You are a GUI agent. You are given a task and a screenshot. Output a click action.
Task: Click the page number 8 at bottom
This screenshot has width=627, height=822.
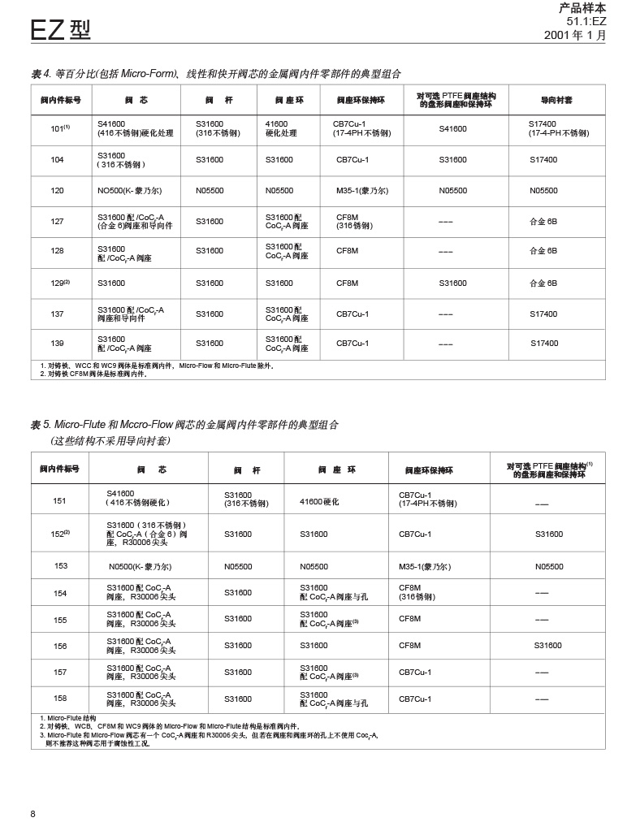click(x=33, y=814)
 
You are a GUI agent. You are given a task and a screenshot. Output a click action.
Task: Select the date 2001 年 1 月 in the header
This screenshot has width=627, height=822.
click(x=574, y=35)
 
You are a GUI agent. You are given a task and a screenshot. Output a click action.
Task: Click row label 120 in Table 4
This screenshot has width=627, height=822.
click(x=57, y=191)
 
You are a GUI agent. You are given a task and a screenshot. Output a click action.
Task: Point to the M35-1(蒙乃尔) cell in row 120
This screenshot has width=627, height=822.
click(x=362, y=191)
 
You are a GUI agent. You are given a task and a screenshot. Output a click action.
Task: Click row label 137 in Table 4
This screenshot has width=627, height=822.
click(x=57, y=314)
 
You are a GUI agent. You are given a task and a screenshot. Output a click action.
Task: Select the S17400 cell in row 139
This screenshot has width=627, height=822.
click(x=544, y=344)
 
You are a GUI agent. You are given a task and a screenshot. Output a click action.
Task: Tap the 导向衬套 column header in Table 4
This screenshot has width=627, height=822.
click(x=556, y=101)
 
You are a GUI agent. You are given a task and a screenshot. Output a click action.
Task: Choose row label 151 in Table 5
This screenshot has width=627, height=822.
click(x=60, y=501)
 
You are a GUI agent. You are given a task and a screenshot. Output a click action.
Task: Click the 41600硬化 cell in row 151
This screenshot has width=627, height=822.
click(x=319, y=502)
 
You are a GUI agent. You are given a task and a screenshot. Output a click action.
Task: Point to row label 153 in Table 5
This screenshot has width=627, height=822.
click(x=60, y=566)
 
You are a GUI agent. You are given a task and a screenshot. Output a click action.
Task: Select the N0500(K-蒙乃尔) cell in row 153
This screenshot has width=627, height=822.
click(x=140, y=567)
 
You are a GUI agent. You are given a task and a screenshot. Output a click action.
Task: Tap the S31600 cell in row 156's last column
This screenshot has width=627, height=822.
click(x=548, y=646)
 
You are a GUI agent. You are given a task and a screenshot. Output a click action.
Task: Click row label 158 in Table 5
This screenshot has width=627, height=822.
click(x=60, y=699)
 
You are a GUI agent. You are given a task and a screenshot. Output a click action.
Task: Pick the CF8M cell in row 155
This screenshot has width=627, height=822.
click(x=410, y=619)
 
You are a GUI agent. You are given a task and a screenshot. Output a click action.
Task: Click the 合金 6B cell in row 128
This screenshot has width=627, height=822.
click(x=543, y=251)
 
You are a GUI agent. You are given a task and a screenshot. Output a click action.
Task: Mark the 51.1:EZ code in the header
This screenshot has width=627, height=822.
click(x=586, y=21)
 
